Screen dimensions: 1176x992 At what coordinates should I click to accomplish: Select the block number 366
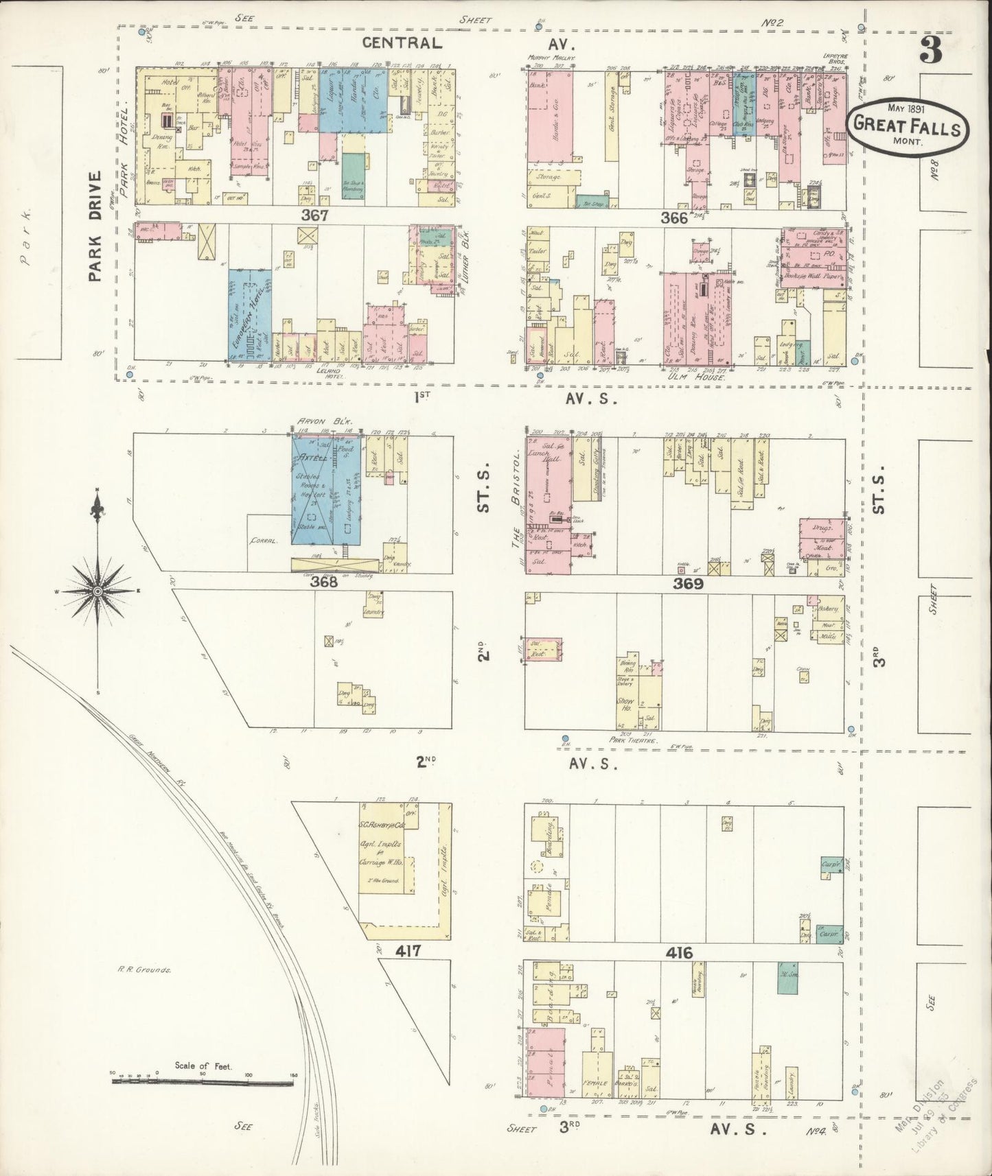[673, 217]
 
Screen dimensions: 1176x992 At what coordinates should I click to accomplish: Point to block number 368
[324, 583]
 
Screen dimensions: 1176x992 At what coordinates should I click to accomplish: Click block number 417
[408, 951]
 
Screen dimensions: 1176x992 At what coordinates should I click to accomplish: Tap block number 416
[678, 953]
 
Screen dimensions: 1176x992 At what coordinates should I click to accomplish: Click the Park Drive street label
[95, 226]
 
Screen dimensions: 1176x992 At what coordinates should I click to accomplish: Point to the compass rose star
[98, 591]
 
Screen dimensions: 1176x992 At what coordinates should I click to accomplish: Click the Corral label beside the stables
[263, 541]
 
